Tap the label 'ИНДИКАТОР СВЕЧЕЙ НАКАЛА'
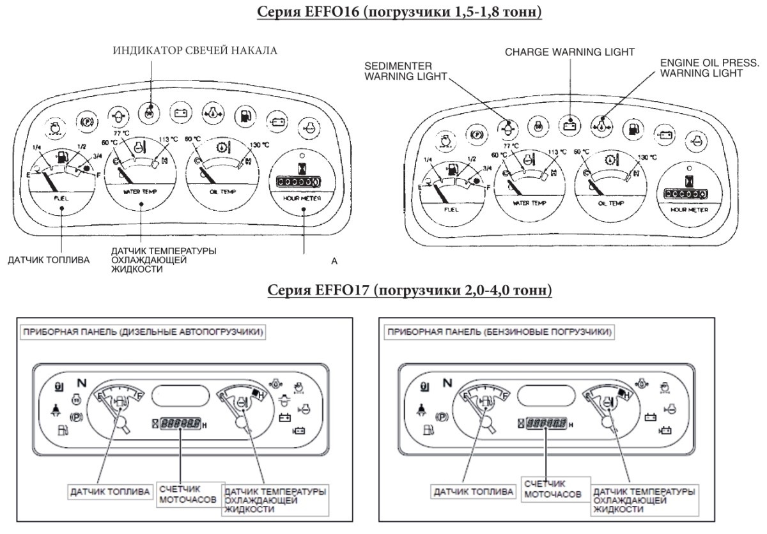pyautogui.click(x=196, y=51)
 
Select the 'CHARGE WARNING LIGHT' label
pyautogui.click(x=569, y=50)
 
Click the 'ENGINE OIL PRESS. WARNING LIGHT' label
pyautogui.click(x=701, y=68)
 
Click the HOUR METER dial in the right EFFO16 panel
pyautogui.click(x=687, y=192)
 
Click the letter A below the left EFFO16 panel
pyautogui.click(x=334, y=261)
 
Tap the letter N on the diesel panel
pyautogui.click(x=81, y=384)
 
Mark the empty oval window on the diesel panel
pyautogui.click(x=180, y=396)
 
